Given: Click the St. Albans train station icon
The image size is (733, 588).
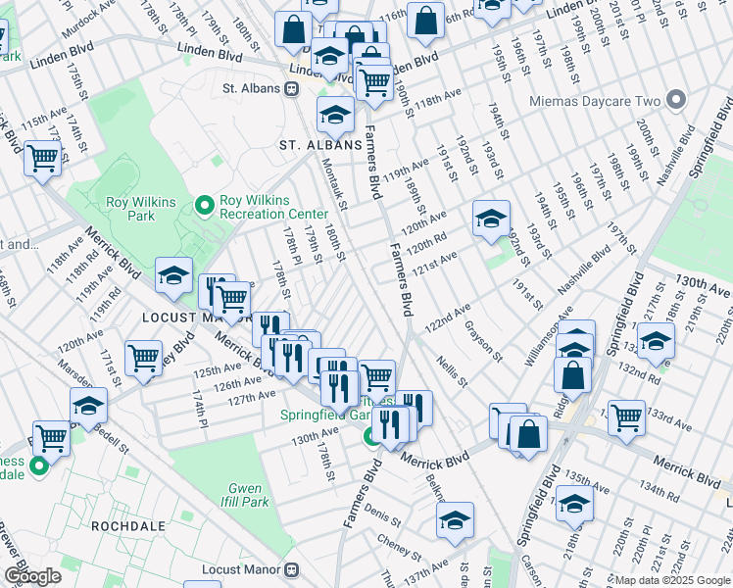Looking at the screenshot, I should pos(291,89).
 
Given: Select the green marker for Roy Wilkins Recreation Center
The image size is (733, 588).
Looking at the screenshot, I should pos(205,205).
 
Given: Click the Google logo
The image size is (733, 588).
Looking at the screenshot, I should pos(32,575).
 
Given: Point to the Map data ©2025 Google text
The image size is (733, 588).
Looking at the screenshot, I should pos(672,580).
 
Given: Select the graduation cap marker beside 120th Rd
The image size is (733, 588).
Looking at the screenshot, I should pos(491,220).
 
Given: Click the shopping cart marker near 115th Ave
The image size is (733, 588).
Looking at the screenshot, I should pos(43,157).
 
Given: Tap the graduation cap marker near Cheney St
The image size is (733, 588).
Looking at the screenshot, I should pos(455,520).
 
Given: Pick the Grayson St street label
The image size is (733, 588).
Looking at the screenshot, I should pos(483,339).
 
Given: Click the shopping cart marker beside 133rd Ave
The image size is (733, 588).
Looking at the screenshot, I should pos(625,416).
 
